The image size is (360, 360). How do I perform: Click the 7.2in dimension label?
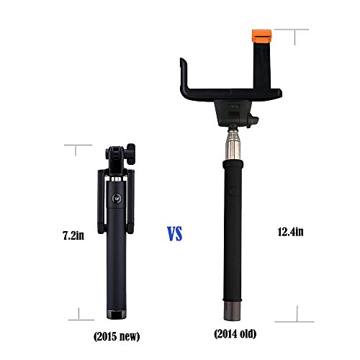coord(73,235)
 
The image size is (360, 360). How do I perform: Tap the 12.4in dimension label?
coord(290,232)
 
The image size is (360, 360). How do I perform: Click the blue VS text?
coord(175,233)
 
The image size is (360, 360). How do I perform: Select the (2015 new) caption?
coord(117,336)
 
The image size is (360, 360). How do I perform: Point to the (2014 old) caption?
coord(235,333)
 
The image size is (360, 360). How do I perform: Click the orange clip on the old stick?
coord(261,35)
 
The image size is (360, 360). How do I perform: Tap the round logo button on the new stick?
coord(117,198)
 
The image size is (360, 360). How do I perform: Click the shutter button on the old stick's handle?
coord(233,192)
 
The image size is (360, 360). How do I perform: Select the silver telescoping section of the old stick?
coord(233,145)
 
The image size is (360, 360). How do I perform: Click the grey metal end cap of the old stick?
coord(232,311)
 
